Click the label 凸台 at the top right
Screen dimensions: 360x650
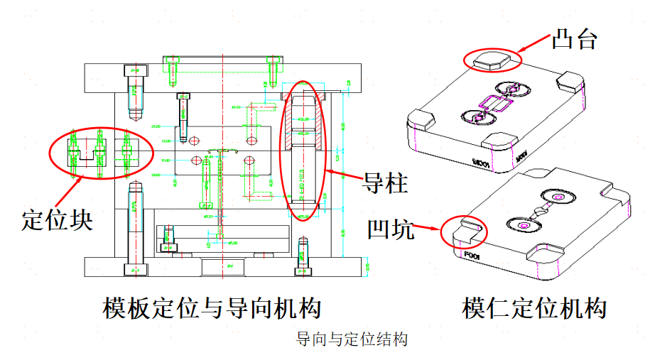[574, 40]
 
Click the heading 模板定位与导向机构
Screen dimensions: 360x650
[212, 308]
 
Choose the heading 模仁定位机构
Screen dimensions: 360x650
[534, 308]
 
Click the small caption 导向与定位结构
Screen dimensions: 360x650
[352, 339]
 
